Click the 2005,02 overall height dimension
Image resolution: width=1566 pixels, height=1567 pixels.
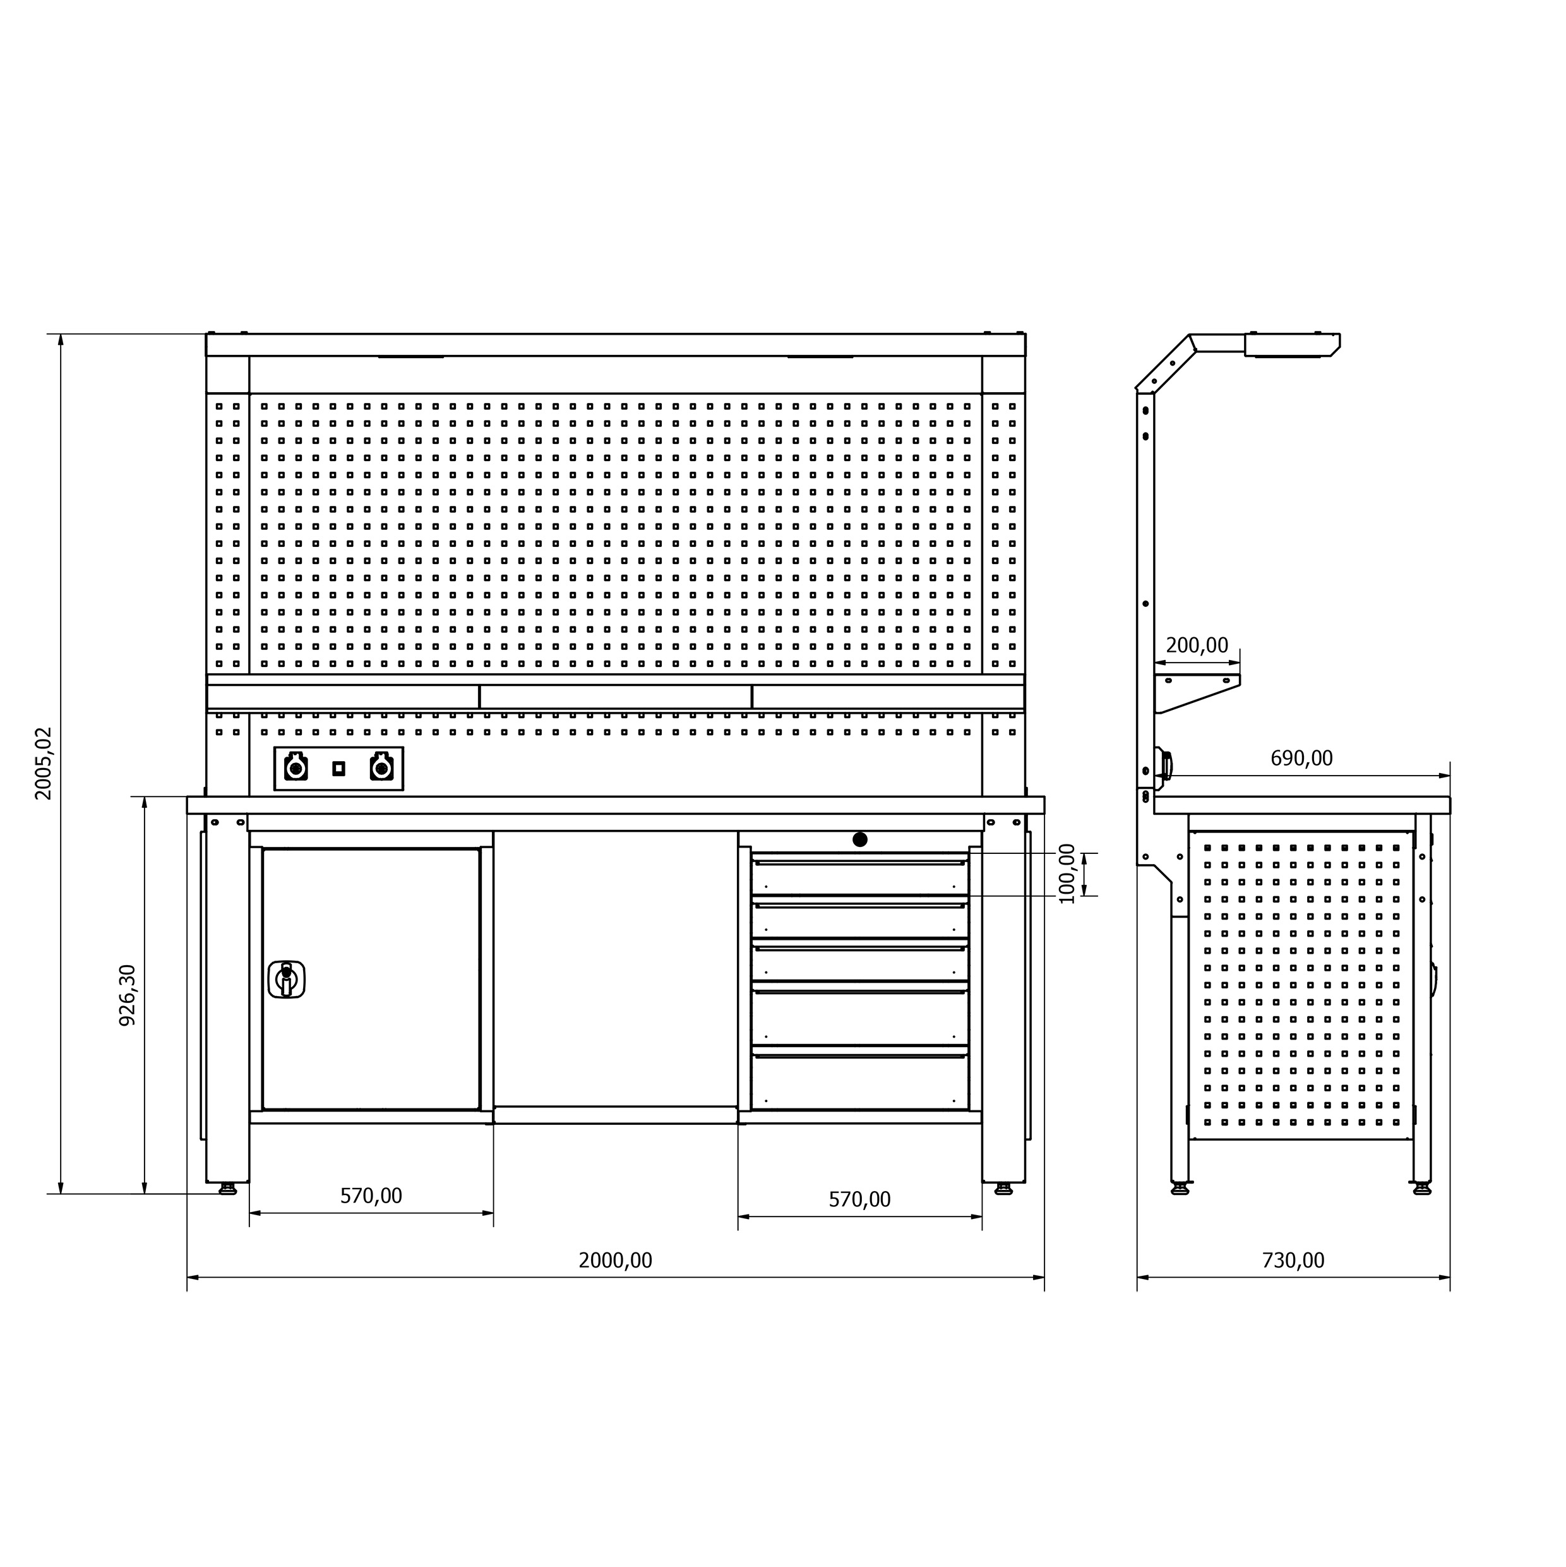(x=43, y=763)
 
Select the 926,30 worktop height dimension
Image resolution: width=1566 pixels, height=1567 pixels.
(x=128, y=995)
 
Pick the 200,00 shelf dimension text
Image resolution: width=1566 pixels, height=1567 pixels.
(x=1197, y=645)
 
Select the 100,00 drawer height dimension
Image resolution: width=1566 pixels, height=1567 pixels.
(x=1067, y=874)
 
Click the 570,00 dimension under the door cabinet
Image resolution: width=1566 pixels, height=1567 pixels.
(x=371, y=1196)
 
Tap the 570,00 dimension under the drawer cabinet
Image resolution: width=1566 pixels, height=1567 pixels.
(x=859, y=1199)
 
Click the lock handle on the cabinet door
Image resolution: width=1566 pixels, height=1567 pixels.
(x=285, y=979)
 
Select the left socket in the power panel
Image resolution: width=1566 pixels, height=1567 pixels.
(x=296, y=767)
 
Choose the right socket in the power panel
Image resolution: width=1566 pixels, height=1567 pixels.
(x=381, y=767)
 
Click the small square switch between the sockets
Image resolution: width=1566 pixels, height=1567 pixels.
(x=339, y=768)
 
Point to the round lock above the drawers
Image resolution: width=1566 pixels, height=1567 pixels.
(x=859, y=839)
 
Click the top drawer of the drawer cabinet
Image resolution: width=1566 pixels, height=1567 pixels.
(x=859, y=876)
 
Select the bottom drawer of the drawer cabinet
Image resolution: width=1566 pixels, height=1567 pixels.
(x=859, y=1081)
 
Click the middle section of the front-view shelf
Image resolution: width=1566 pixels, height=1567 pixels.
(x=615, y=697)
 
